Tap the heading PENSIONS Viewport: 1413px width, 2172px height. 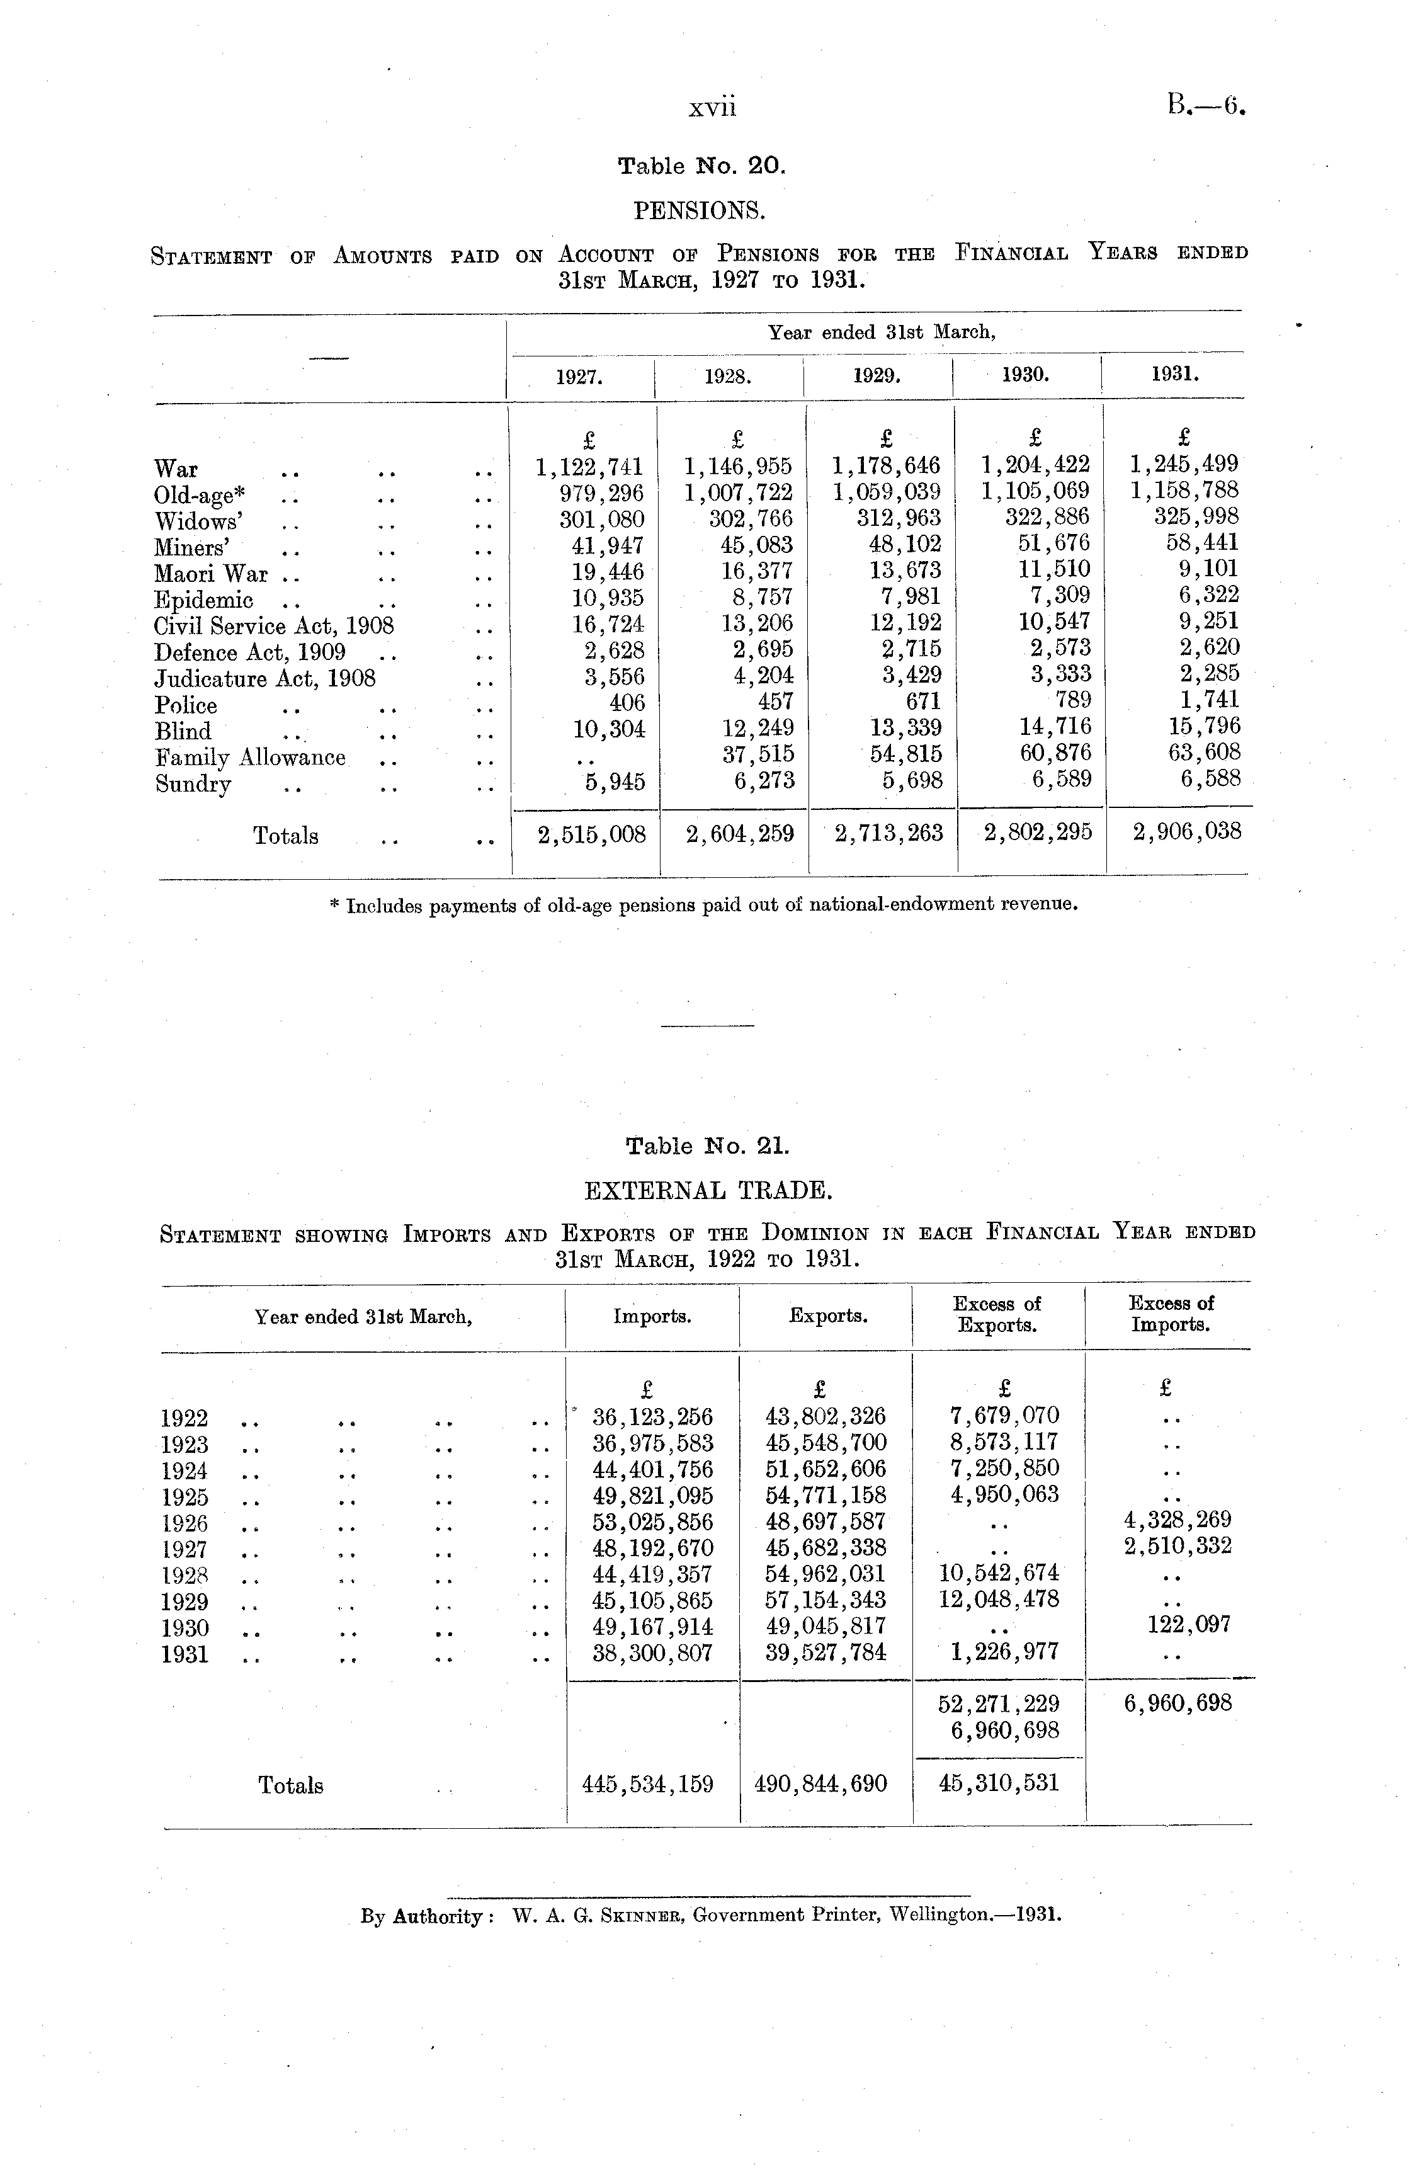[699, 211]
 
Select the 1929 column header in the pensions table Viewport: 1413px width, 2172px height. [877, 375]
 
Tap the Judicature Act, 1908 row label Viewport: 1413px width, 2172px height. [264, 679]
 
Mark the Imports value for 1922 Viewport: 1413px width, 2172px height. [652, 1418]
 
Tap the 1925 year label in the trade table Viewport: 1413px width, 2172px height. [184, 1497]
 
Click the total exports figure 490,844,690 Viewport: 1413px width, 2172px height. [820, 1783]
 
